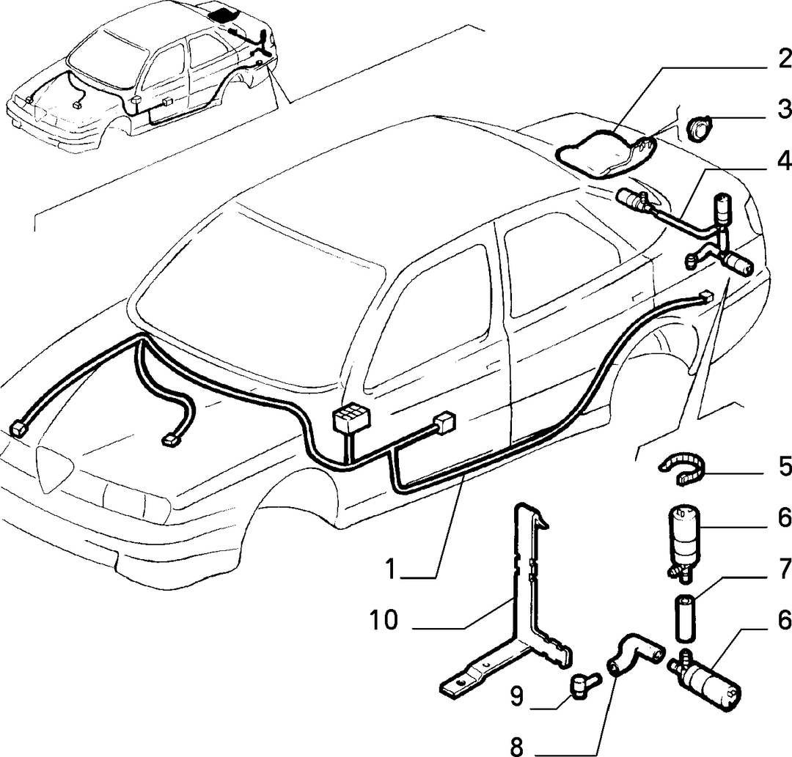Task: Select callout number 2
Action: tap(784, 60)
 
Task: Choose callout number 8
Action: tap(517, 746)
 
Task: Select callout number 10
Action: tap(384, 620)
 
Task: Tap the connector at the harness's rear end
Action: tap(705, 297)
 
